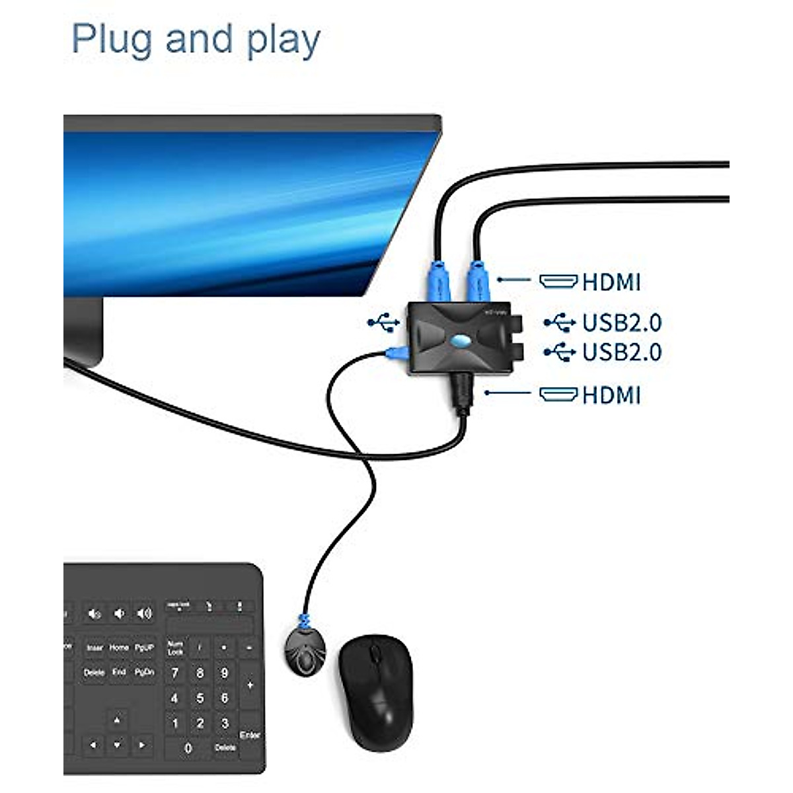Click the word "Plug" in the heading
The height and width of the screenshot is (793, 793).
[112, 40]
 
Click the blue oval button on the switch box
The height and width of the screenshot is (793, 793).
[461, 342]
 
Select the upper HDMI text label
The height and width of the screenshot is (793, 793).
[611, 282]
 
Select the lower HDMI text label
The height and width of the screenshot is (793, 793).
[611, 395]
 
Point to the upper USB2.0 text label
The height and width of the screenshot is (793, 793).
[622, 322]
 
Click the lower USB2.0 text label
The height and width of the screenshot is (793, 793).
[622, 352]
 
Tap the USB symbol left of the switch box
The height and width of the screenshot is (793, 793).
[383, 322]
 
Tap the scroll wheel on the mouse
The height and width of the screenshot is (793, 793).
[375, 654]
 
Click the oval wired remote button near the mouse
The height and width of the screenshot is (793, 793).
[305, 652]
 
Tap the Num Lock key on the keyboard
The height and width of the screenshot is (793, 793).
[175, 648]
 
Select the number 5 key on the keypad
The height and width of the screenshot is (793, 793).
[200, 698]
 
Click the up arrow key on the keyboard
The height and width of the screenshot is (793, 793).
[118, 720]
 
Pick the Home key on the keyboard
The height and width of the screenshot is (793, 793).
[119, 648]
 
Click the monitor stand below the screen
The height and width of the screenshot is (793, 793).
[84, 330]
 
